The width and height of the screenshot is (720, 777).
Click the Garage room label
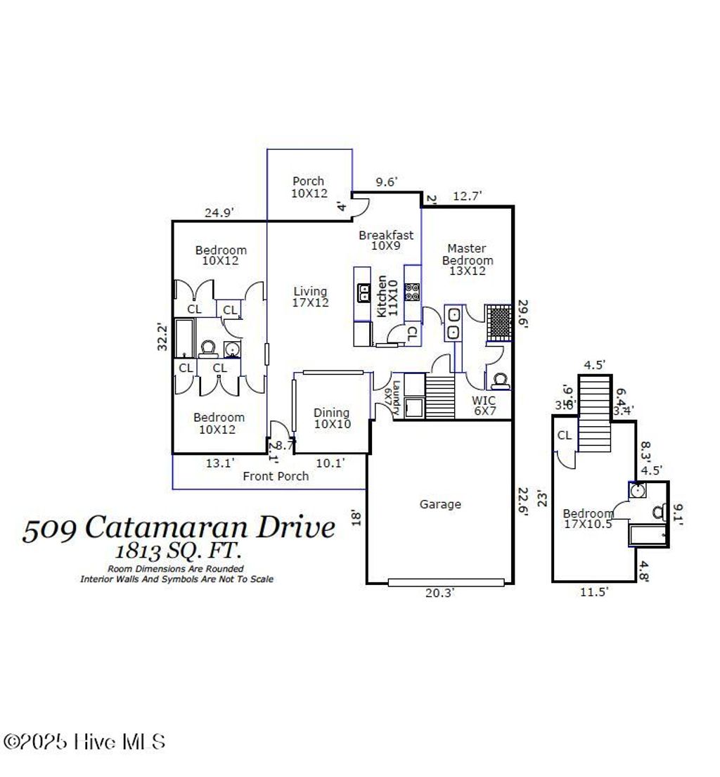point(441,503)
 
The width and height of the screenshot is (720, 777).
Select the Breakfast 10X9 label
point(386,240)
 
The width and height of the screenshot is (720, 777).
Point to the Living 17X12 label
point(310,297)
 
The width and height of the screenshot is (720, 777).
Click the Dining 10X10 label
point(332,418)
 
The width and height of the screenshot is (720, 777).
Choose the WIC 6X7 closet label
point(484,406)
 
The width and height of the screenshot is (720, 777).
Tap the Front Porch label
point(276,476)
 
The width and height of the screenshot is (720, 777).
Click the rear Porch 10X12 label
point(309,187)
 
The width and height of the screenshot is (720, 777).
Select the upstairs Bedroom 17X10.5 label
point(588,518)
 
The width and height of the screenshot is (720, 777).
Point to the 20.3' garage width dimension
point(441,593)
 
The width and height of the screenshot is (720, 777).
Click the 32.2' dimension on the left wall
point(163,337)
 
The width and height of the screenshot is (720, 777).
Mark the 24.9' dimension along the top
point(219,211)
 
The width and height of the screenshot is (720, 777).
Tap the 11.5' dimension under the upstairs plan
point(594,592)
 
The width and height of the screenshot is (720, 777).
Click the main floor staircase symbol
point(442,397)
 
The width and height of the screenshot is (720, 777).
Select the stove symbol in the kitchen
point(412,291)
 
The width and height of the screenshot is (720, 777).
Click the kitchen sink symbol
point(364,292)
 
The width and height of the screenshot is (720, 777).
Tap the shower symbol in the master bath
point(500,322)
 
